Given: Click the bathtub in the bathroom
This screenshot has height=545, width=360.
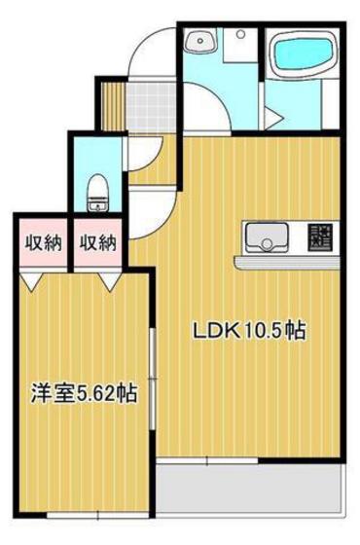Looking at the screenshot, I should [303, 56].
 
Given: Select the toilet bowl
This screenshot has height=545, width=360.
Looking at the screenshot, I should [96, 193].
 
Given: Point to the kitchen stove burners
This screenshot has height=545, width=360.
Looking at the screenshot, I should [319, 236].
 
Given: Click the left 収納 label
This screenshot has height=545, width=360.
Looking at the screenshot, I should [38, 241].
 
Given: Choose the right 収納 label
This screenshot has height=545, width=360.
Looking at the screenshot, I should [97, 241].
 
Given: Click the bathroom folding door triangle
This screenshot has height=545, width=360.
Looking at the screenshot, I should [276, 118].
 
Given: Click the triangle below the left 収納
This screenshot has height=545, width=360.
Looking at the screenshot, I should [34, 279].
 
